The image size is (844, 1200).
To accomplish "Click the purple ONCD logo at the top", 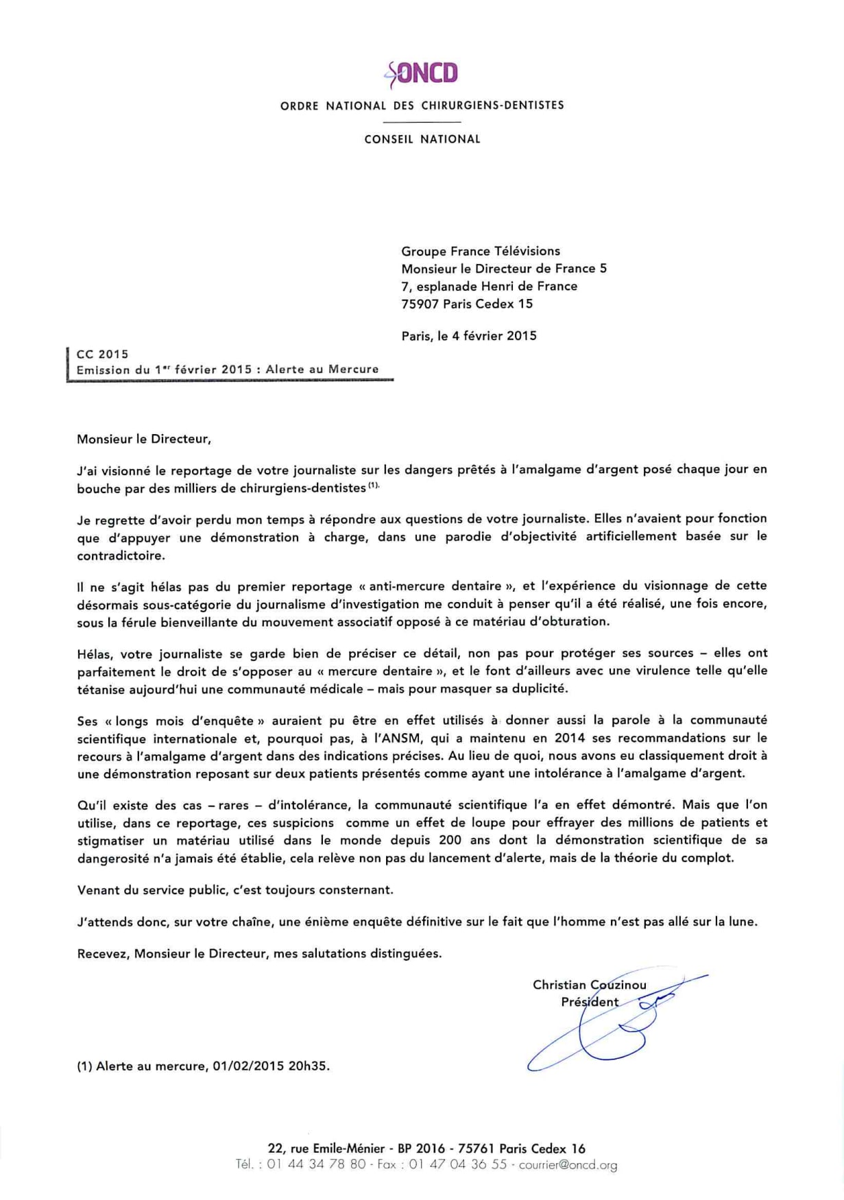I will tap(422, 73).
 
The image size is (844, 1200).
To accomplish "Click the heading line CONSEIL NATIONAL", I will tap(422, 139).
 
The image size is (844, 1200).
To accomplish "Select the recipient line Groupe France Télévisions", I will tap(481, 251).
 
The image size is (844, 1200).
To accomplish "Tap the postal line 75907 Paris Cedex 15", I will tap(467, 304).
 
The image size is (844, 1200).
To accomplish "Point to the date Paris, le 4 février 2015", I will tap(469, 336).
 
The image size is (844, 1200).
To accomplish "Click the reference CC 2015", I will tap(102, 354).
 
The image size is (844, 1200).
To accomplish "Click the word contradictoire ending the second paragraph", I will tap(121, 555).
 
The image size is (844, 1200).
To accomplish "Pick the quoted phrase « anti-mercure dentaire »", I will tap(437, 586).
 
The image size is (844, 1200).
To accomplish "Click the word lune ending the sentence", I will tap(743, 922).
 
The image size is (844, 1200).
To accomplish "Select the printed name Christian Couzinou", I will tap(589, 985).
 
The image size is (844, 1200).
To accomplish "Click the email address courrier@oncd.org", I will tap(568, 1165).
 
